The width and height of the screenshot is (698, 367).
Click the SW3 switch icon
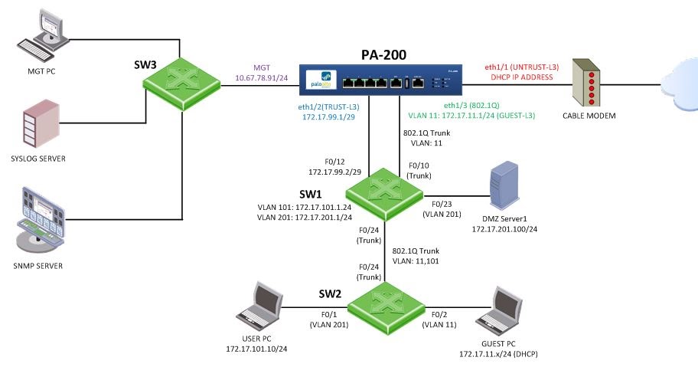182,80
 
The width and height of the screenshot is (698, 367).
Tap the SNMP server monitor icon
39,222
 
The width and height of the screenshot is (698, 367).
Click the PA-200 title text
384,54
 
